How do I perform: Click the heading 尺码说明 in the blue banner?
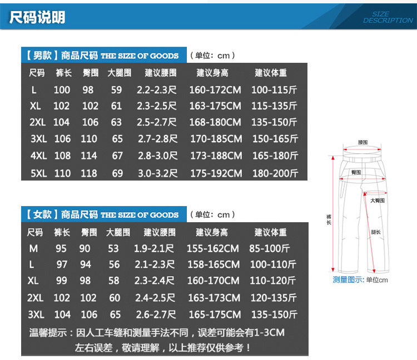[x=38, y=17]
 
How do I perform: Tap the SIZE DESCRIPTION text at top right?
[x=388, y=17]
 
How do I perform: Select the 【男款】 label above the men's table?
[x=39, y=56]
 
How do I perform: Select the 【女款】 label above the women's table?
[x=39, y=214]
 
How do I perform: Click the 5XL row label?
[x=39, y=173]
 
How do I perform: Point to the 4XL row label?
[x=39, y=156]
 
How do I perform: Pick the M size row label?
[x=34, y=248]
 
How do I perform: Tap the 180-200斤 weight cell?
[x=275, y=173]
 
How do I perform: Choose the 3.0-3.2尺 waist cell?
[x=157, y=173]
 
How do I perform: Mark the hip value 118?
[x=89, y=173]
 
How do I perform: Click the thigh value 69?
[x=117, y=173]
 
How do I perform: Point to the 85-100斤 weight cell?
[x=270, y=248]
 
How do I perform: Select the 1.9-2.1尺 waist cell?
[x=154, y=248]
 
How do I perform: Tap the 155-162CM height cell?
[x=214, y=248]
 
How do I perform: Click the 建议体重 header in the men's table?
[x=271, y=73]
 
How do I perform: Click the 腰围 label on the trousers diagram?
[x=363, y=142]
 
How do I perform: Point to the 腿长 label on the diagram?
[x=376, y=233]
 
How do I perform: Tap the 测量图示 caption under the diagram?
[x=348, y=279]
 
